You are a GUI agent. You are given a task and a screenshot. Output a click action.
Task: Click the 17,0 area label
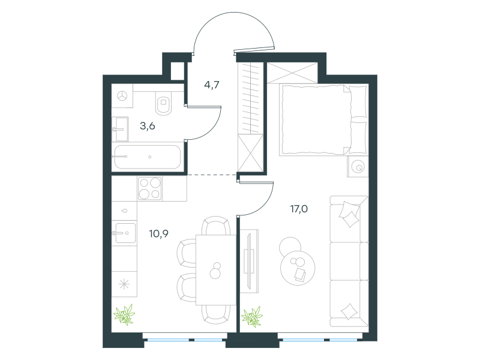(299, 209)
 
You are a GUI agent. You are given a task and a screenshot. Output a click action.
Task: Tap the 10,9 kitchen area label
(158, 234)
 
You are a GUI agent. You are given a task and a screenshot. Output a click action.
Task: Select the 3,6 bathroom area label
(148, 126)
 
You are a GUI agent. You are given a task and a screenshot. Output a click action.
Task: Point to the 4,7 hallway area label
(212, 85)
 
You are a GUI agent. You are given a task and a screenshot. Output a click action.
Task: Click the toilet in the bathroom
(164, 103)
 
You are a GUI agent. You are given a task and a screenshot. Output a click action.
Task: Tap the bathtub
(148, 157)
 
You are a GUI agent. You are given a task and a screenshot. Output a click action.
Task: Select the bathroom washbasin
(121, 129)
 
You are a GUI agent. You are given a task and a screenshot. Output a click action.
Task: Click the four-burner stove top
(149, 189)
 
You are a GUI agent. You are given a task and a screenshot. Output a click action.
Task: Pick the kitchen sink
(125, 233)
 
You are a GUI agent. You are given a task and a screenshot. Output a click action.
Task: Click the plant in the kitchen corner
(124, 314)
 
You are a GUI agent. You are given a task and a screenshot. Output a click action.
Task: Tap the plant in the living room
(252, 317)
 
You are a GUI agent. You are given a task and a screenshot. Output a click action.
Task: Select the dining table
(216, 269)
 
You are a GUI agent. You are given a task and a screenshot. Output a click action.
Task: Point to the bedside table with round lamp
(358, 167)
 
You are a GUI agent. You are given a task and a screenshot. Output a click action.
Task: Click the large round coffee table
(298, 268)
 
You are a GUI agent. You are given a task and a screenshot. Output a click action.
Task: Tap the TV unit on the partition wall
(250, 261)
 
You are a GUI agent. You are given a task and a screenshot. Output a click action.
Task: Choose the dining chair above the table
(216, 226)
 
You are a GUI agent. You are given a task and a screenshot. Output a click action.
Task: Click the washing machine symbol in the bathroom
(122, 96)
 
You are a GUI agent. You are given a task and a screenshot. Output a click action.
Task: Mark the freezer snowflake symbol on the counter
(124, 284)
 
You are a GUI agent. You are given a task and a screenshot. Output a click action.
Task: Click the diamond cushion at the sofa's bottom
(349, 311)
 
